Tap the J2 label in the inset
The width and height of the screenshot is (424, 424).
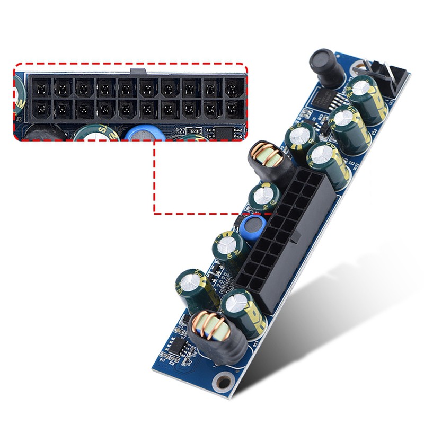point(19,119)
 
